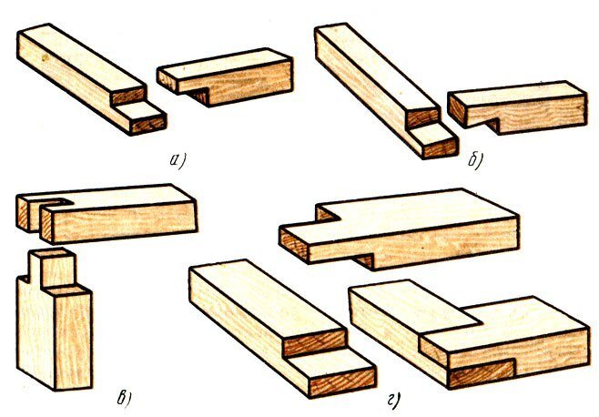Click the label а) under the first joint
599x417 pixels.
coord(177,160)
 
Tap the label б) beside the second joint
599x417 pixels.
coord(475,159)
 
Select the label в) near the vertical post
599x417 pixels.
coord(124,398)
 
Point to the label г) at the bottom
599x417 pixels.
coord(394,401)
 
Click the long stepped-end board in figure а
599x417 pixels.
coord(88,76)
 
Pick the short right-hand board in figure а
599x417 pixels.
coord(226,76)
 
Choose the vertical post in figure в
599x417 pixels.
coord(56,329)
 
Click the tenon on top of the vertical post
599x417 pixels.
coord(54,268)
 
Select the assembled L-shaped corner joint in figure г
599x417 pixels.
coord(470,332)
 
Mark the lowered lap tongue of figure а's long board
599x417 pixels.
coord(141,117)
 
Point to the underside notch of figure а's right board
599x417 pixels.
coord(198,96)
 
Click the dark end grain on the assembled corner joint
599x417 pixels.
coord(482,373)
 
